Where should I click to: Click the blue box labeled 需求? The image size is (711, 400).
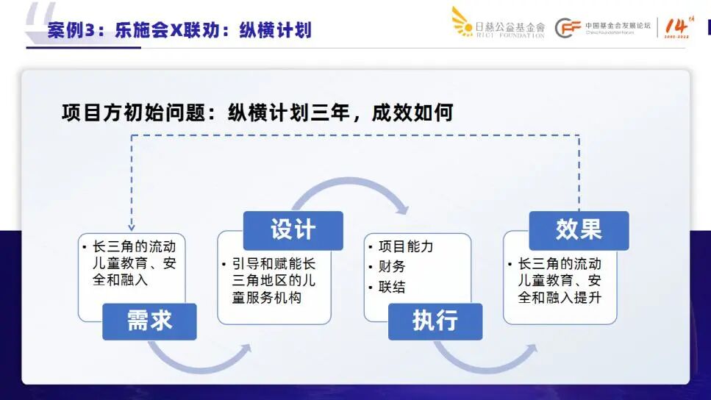[149, 321]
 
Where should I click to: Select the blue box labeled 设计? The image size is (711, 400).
[293, 230]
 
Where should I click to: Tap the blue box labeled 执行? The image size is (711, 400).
[435, 321]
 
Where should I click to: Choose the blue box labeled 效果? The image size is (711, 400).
[579, 230]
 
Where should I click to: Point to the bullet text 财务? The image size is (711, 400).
[392, 266]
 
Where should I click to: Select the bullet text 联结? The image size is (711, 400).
[392, 287]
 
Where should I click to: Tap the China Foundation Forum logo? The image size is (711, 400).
[603, 28]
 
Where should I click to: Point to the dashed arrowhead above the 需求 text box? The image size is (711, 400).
[132, 227]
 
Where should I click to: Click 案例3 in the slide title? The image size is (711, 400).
[74, 30]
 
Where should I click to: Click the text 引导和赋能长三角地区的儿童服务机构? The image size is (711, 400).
[274, 281]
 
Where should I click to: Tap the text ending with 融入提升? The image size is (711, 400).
[560, 281]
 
